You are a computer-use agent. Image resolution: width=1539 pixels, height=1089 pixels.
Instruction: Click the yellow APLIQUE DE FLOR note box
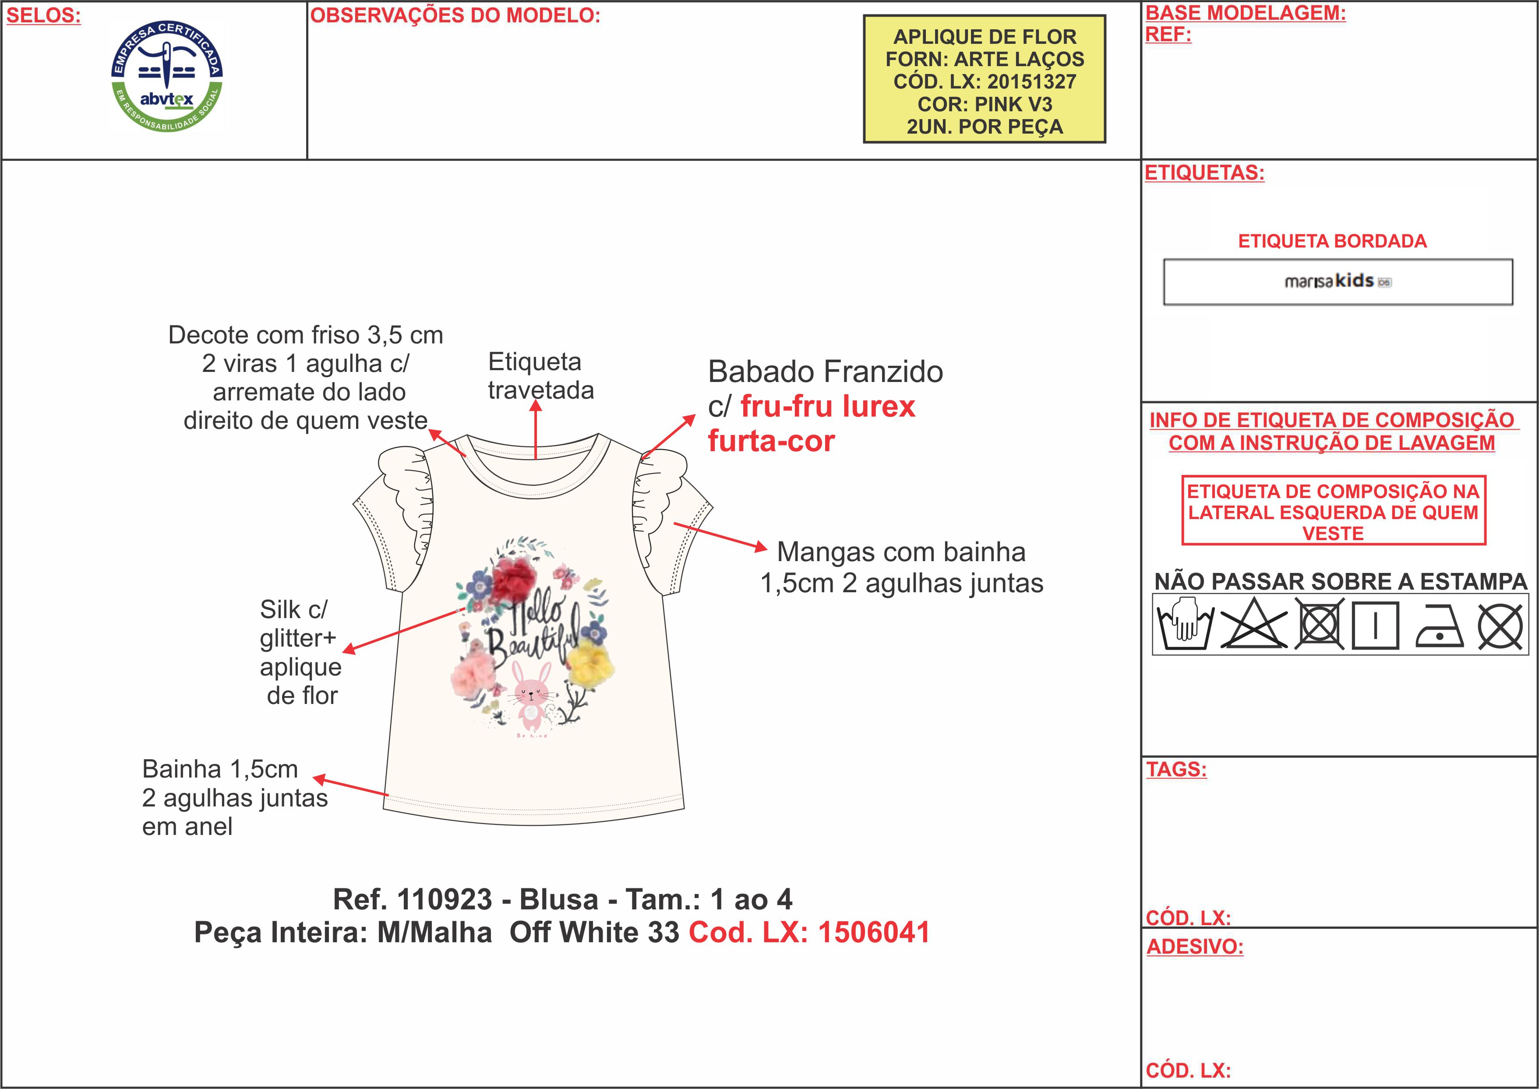(984, 80)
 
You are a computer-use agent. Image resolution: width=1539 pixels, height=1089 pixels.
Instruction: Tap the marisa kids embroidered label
(1337, 282)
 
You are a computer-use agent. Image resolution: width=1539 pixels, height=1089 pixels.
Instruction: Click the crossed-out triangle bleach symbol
(1253, 625)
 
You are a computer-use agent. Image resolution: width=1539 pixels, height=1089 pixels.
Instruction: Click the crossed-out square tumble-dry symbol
(1319, 626)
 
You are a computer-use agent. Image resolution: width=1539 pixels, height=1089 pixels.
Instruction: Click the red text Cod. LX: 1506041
(809, 933)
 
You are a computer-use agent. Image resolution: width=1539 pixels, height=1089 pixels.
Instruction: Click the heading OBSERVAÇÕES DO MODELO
(455, 15)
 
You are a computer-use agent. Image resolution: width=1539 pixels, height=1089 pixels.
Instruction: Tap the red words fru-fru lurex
(827, 407)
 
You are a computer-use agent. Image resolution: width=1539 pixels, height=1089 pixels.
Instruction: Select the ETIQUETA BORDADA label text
(1332, 241)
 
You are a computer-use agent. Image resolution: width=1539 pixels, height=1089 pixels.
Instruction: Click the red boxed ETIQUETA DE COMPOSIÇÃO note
(1333, 512)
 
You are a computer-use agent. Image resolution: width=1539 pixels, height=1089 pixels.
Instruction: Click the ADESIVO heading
(1194, 947)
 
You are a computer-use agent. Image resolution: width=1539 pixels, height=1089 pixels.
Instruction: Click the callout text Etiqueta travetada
(540, 375)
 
